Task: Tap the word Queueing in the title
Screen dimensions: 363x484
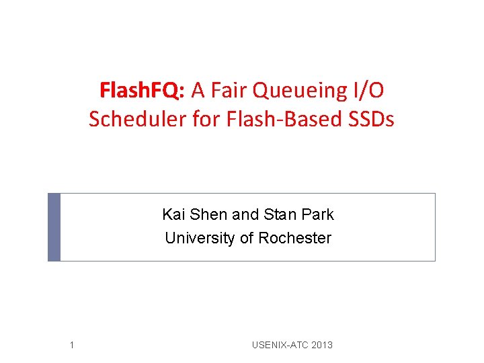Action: coord(293,90)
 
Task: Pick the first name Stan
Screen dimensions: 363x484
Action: coord(276,214)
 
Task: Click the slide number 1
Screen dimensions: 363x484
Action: coord(71,346)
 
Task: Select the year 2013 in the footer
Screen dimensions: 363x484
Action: coord(322,346)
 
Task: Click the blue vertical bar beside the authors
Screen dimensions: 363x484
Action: coord(54,227)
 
